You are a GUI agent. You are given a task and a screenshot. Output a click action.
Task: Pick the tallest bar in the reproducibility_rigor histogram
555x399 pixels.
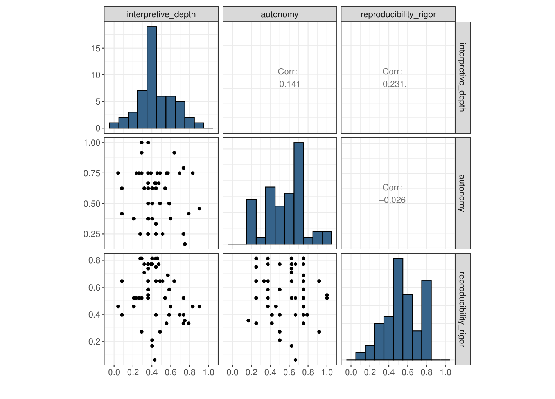tap(398, 309)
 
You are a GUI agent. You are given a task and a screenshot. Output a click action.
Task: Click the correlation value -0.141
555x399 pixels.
tap(287, 84)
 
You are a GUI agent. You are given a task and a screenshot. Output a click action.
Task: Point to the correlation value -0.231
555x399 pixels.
tap(392, 84)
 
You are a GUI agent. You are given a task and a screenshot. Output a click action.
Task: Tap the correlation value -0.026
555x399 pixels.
tap(392, 200)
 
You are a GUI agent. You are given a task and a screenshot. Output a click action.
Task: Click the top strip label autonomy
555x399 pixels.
tap(279, 14)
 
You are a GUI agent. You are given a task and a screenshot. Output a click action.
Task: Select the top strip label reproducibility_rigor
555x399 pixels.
tap(398, 14)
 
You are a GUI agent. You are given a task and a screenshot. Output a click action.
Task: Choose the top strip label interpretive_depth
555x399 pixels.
tap(161, 14)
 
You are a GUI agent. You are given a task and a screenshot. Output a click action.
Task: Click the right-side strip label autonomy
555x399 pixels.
tap(462, 193)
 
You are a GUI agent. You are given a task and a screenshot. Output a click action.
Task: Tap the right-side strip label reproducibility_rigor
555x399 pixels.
tap(462, 309)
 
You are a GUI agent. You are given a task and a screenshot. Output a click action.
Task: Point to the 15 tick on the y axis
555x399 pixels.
tap(95, 48)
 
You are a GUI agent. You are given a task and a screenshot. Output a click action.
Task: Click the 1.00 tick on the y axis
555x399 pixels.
tap(92, 143)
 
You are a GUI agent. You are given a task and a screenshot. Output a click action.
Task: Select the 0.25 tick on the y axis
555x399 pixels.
tap(92, 234)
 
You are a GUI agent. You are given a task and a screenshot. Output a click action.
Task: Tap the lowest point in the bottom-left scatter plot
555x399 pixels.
tap(154, 360)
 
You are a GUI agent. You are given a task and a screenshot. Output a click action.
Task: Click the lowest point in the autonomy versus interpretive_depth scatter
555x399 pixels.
tap(185, 244)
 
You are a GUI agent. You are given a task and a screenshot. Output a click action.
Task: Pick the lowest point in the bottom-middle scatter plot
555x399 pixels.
tap(295, 360)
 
